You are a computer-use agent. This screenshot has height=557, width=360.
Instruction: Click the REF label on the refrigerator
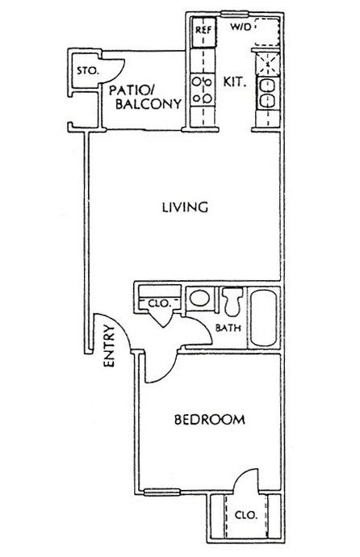(x=203, y=30)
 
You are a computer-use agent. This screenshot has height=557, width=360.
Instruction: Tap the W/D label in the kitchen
(x=241, y=27)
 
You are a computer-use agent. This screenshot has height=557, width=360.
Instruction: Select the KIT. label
(x=234, y=82)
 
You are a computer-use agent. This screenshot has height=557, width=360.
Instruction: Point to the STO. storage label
(x=87, y=71)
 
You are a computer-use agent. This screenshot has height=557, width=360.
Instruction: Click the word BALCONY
(x=149, y=103)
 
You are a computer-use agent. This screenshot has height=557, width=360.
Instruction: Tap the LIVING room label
(x=185, y=207)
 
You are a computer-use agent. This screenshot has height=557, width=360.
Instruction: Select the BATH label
(x=228, y=328)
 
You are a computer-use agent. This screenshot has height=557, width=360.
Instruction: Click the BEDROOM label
(x=210, y=420)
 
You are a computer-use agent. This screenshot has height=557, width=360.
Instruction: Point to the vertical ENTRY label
(x=109, y=346)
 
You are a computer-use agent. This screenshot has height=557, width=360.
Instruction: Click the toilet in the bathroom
(x=232, y=301)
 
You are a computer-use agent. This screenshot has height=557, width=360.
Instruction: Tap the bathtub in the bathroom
(x=263, y=317)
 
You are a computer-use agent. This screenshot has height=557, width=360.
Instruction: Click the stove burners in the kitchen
(x=202, y=90)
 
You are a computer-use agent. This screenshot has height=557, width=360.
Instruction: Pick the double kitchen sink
(x=266, y=93)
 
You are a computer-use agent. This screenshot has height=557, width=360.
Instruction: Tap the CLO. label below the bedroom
(x=245, y=515)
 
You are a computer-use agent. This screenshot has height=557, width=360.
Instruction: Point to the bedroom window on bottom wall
(x=162, y=492)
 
